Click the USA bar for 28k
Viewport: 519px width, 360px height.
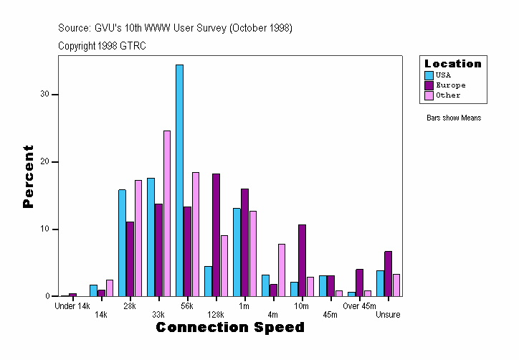coord(122,243)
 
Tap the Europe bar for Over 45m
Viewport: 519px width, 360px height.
coord(359,283)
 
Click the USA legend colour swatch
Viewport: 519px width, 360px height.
coord(429,75)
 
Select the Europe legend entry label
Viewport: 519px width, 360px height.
coord(450,85)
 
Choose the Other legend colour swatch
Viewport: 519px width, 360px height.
coord(429,95)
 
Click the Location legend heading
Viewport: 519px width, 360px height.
coord(453,64)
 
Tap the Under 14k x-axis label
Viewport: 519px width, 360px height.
coord(72,306)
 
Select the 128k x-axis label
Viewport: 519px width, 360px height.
coord(216,315)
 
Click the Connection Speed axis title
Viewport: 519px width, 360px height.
coord(229,328)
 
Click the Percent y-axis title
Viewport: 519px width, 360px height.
coord(28,176)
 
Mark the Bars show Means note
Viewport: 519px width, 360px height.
coord(454,118)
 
